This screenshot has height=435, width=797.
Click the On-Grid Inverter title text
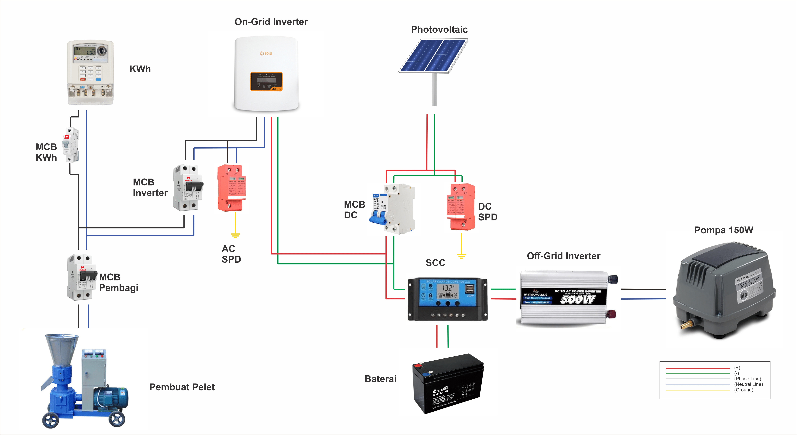point(271,22)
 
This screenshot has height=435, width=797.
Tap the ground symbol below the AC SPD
point(235,236)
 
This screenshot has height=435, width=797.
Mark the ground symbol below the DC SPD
point(462,256)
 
